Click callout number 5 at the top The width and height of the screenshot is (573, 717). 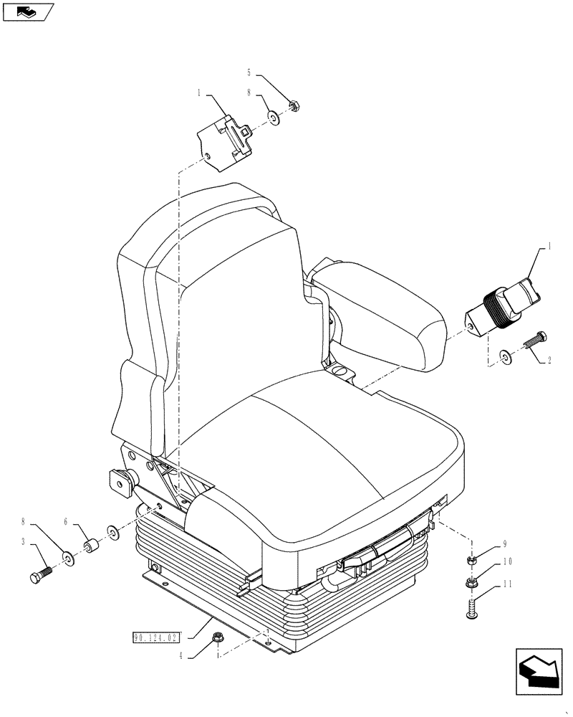pos(249,72)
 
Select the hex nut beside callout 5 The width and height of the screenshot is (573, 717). pos(293,107)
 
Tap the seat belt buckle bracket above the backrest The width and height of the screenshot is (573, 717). pos(226,142)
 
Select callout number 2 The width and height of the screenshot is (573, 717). pos(548,361)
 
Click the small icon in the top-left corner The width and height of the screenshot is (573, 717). pos(28,11)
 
